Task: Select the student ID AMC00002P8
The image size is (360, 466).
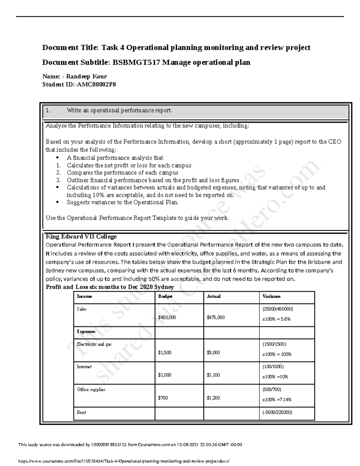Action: click(x=96, y=84)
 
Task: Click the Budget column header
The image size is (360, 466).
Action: click(x=165, y=296)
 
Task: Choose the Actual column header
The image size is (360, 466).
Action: click(x=214, y=296)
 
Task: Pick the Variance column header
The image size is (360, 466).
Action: click(x=271, y=296)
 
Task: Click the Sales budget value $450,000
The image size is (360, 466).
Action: click(x=167, y=317)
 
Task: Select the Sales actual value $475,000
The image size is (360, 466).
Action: click(x=215, y=317)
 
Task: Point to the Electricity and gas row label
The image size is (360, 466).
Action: click(x=94, y=344)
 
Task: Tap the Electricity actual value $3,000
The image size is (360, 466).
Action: click(x=213, y=353)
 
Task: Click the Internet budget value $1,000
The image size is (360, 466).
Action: click(x=165, y=375)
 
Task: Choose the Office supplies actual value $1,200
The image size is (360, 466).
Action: click(x=213, y=398)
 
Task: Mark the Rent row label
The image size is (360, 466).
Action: click(x=81, y=412)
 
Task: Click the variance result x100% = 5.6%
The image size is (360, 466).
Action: click(x=276, y=319)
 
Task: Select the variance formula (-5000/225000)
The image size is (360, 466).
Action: click(x=277, y=412)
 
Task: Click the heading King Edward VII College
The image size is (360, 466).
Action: click(x=81, y=236)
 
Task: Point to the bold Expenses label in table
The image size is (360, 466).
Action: click(x=86, y=332)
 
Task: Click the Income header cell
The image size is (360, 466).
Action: click(x=84, y=296)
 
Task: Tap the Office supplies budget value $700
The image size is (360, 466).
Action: click(x=163, y=398)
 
